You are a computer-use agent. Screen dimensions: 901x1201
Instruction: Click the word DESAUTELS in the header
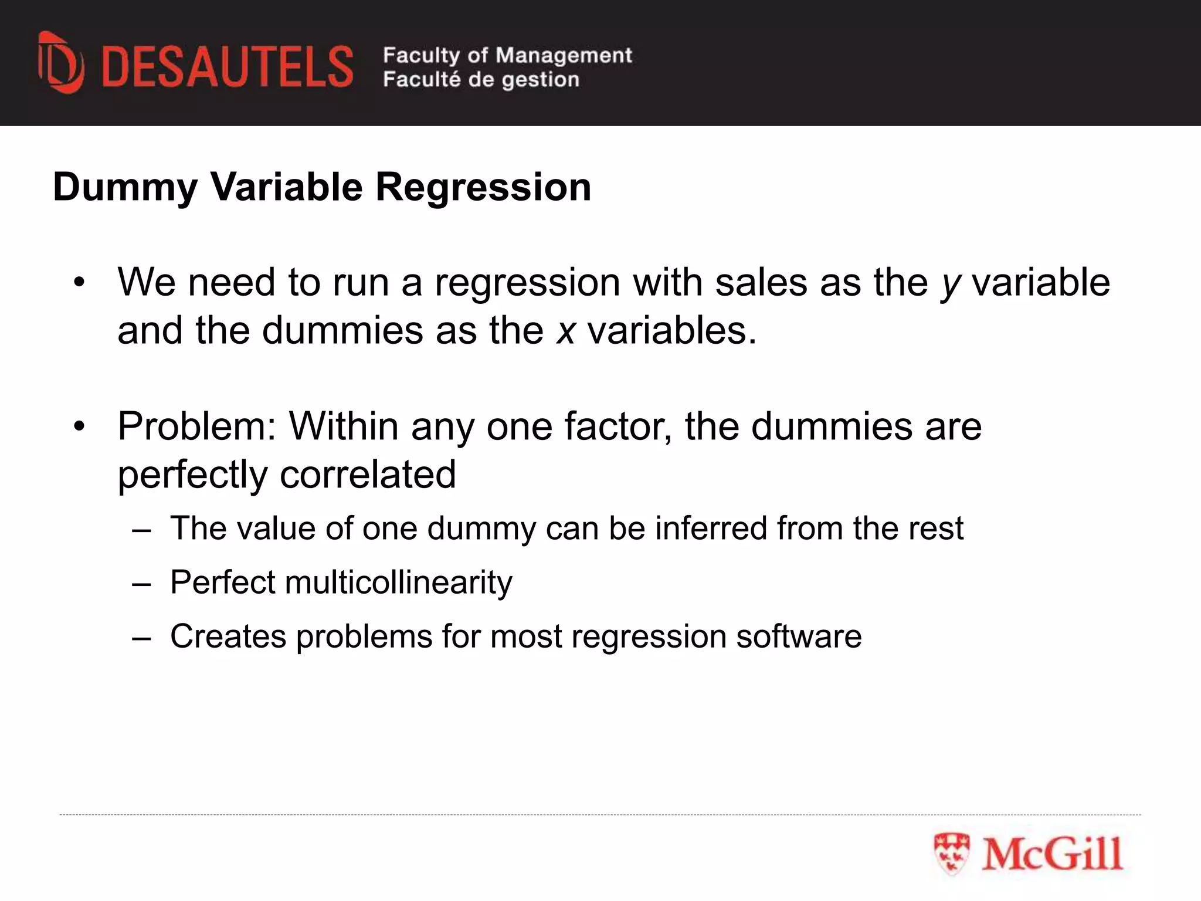click(x=228, y=67)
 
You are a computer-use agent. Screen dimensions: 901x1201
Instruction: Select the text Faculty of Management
click(x=507, y=55)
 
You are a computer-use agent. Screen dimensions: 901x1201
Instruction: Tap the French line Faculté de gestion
click(x=481, y=79)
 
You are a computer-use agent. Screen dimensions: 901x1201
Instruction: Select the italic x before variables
click(x=565, y=331)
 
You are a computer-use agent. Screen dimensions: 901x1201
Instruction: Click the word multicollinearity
click(x=399, y=582)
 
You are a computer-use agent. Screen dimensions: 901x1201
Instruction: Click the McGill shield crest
click(x=951, y=854)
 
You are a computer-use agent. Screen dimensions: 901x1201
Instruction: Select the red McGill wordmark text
click(x=1052, y=854)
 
